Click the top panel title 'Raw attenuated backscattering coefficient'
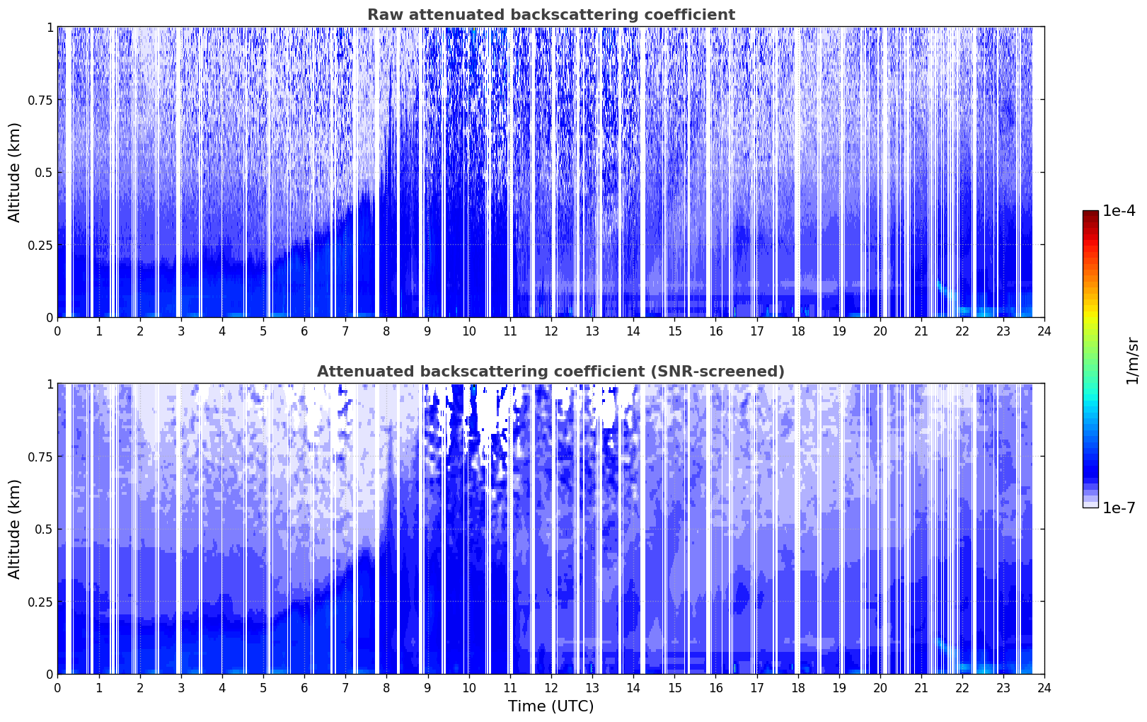(551, 14)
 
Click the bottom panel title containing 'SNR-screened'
(551, 371)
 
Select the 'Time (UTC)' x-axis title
(551, 706)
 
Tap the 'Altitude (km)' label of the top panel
(14, 172)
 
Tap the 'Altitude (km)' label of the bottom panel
(14, 529)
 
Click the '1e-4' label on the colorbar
(1119, 211)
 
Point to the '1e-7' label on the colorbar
(1119, 508)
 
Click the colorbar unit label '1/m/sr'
(1132, 360)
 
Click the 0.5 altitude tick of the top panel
(44, 173)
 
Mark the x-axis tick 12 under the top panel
(551, 331)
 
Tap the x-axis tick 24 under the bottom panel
(1044, 688)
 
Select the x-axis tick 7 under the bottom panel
(345, 688)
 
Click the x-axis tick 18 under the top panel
(797, 331)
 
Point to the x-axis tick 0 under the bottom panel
(57, 688)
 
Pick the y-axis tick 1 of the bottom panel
(50, 384)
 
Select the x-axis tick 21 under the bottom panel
(921, 688)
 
